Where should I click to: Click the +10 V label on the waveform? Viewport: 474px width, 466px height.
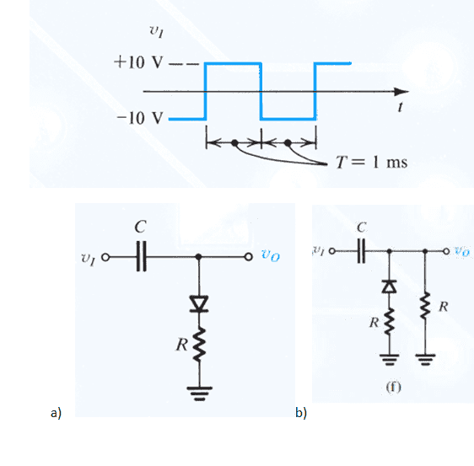[138, 62]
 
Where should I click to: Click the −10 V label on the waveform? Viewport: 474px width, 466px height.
[140, 118]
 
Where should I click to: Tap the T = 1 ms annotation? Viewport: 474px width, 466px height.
[371, 162]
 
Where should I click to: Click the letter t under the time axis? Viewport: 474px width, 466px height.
[401, 107]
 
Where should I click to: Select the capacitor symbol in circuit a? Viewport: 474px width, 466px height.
[141, 256]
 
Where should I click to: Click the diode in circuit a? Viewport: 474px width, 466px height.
[198, 304]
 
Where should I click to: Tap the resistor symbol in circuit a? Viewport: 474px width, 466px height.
[198, 345]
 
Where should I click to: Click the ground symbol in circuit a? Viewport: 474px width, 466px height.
[199, 394]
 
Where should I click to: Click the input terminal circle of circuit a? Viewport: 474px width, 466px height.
[105, 257]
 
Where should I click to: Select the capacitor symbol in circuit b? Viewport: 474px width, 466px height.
[361, 250]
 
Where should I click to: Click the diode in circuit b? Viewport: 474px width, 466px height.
[389, 287]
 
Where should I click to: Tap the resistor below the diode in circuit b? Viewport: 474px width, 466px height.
[389, 321]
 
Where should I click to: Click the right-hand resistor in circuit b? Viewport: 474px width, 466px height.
[425, 305]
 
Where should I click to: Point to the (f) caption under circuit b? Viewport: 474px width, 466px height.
[393, 387]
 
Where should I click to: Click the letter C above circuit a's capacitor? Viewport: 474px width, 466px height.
[141, 227]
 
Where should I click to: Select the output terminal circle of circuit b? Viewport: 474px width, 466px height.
[446, 251]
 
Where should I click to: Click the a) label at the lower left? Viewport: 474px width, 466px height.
[56, 413]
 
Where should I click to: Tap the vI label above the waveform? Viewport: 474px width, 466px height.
[157, 31]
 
